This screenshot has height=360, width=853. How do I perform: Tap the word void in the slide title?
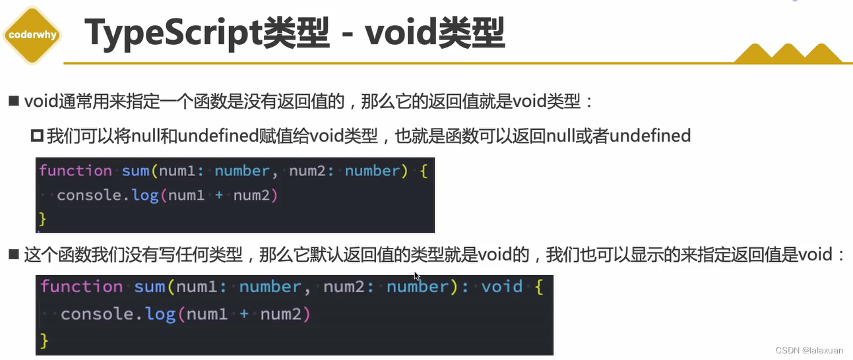pos(398,34)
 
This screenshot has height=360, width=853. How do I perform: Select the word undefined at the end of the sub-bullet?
pos(650,136)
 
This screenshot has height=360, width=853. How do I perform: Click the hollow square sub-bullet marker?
pos(37,136)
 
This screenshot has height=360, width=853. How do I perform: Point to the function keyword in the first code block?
pos(75,171)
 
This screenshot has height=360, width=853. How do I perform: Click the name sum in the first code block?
pos(136,171)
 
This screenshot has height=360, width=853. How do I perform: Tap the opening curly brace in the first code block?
pos(423,171)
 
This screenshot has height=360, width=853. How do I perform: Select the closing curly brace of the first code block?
pos(44,218)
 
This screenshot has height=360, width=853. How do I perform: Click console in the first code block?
pos(90,195)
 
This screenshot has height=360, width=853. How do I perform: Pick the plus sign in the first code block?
pos(219,195)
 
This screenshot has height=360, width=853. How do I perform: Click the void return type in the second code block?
pos(501,287)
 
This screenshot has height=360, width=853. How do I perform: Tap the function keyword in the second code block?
pos(81,287)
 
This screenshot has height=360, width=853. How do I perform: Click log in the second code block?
pos(160,315)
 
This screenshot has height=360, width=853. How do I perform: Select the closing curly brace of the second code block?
pos(45,340)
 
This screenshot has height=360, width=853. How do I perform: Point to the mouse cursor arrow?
pos(417,276)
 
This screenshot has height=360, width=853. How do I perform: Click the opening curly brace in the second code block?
pos(538,287)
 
